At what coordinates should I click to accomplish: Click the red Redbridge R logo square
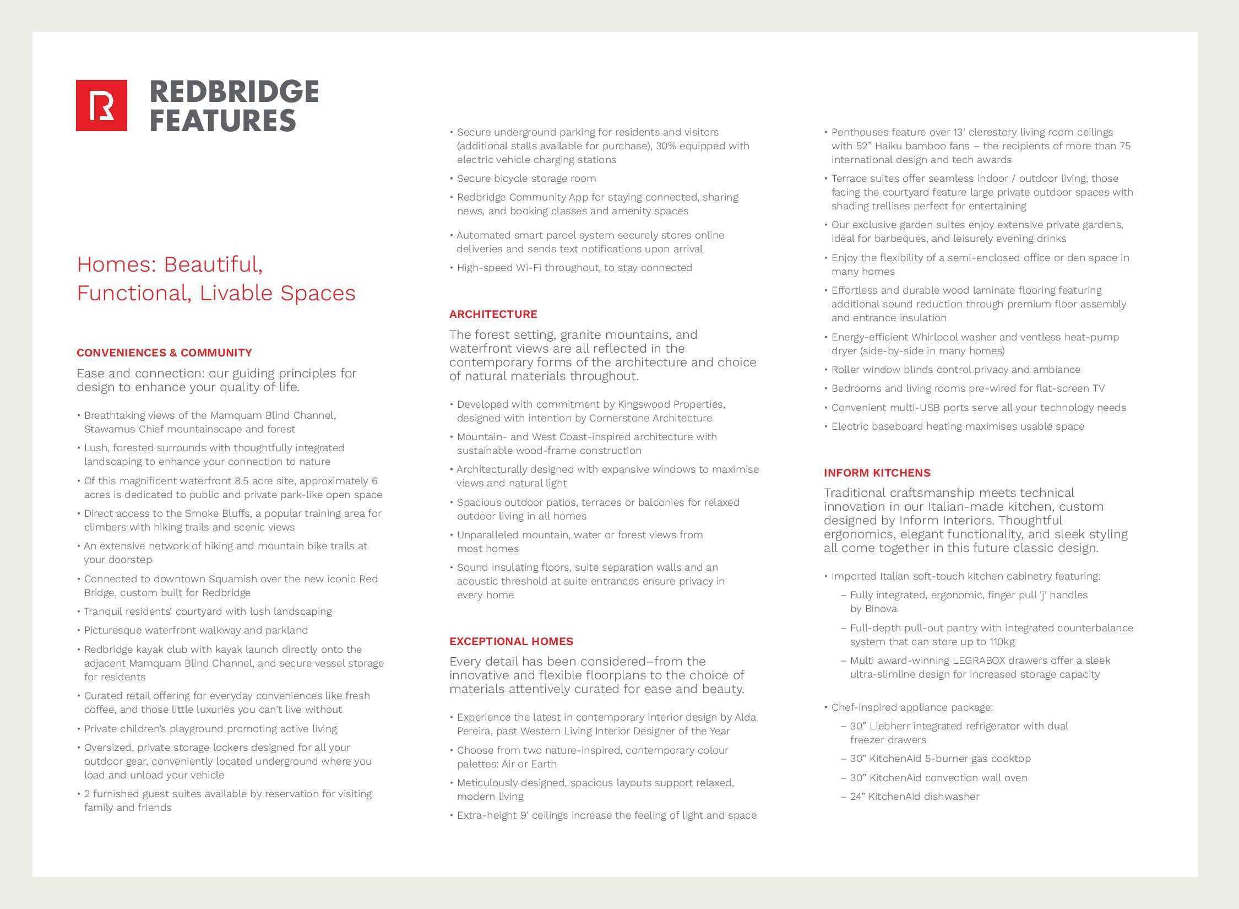click(101, 105)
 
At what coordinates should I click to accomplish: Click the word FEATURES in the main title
click(222, 121)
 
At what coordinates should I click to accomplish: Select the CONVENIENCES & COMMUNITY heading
click(164, 353)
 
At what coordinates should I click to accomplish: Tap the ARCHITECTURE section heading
click(493, 314)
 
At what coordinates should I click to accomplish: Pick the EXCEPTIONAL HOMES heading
click(511, 641)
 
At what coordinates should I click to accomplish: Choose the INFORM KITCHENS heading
click(877, 473)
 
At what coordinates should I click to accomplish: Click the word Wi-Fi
click(528, 268)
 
